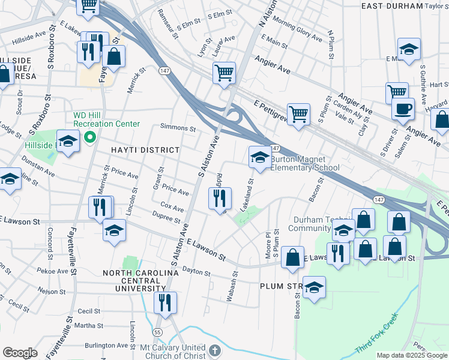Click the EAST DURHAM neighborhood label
pyautogui.click(x=392, y=5)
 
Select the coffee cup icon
pyautogui.click(x=403, y=109)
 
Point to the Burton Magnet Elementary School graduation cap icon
pyautogui.click(x=259, y=157)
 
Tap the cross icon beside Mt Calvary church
pyautogui.click(x=215, y=349)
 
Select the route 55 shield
pyautogui.click(x=158, y=332)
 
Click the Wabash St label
pyautogui.click(x=234, y=282)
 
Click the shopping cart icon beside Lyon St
pyautogui.click(x=223, y=73)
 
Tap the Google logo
pyautogui.click(x=20, y=353)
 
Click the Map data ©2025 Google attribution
pyautogui.click(x=412, y=355)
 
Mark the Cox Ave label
pyautogui.click(x=172, y=207)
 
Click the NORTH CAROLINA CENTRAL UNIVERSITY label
pyautogui.click(x=140, y=281)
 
